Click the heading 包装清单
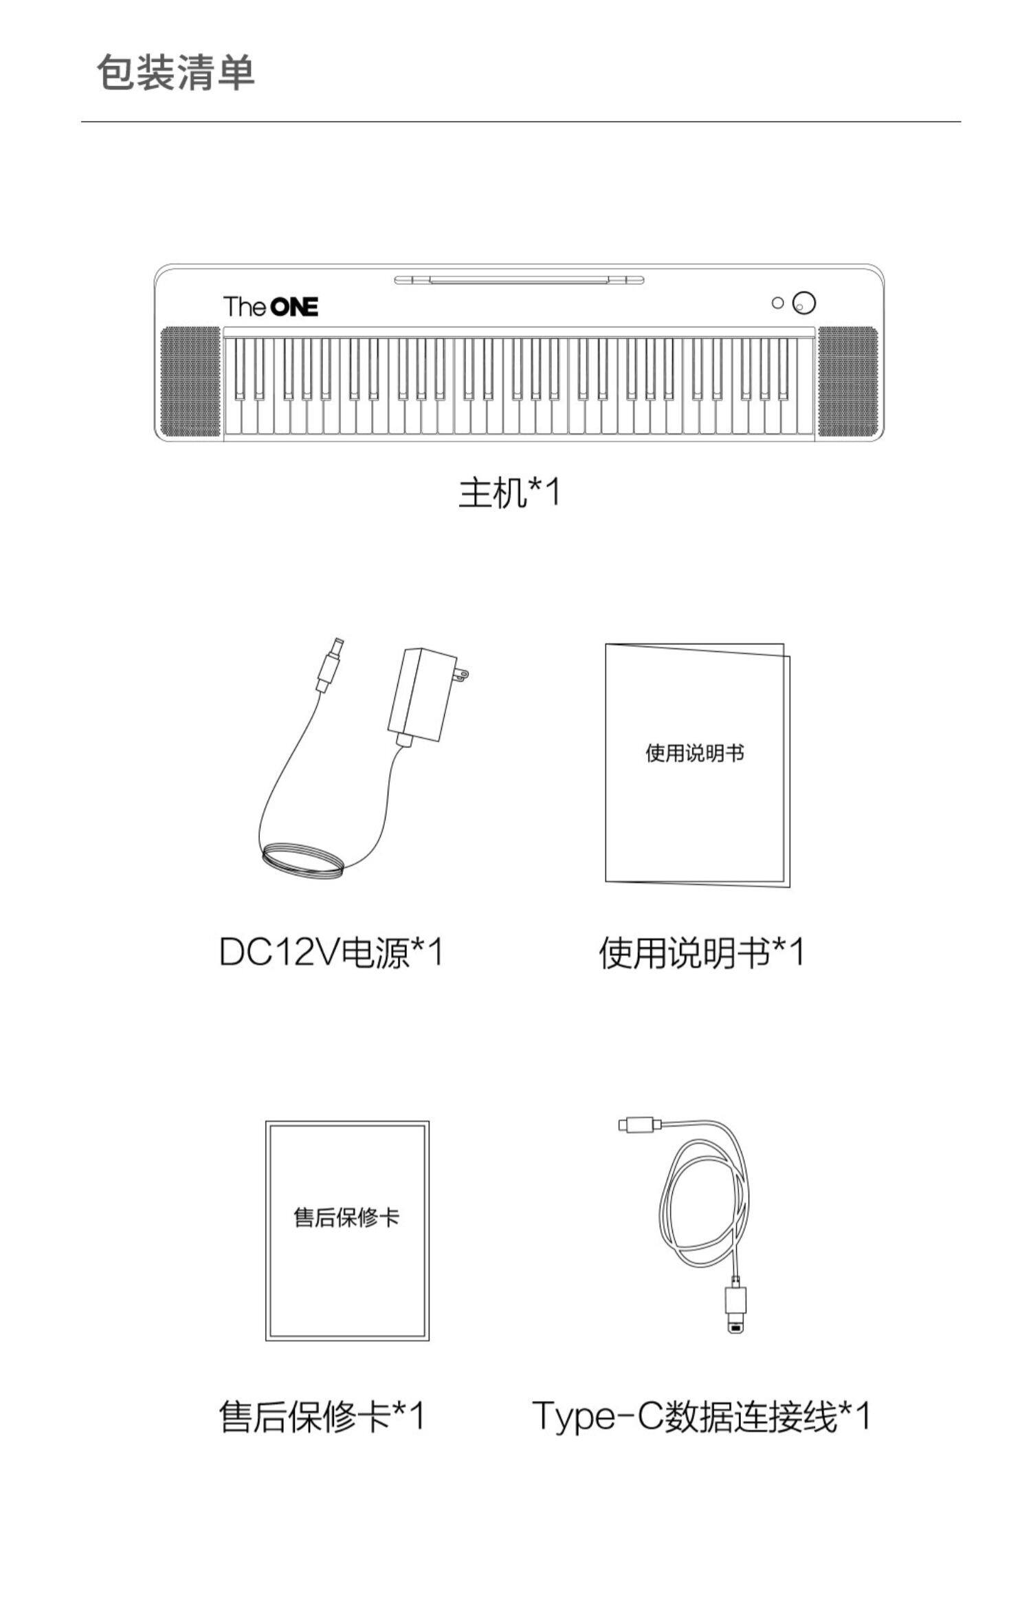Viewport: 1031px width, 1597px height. (x=176, y=73)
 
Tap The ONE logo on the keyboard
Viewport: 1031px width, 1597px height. (x=270, y=306)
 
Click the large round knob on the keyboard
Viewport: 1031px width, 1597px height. (x=803, y=303)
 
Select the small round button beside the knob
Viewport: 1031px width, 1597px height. (x=777, y=303)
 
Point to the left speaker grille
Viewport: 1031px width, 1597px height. (x=190, y=382)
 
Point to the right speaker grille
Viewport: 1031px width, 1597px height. (x=847, y=382)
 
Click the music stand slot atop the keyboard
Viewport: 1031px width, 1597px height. (x=519, y=279)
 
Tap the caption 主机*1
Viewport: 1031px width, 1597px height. (x=509, y=492)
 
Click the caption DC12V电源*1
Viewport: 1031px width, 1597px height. (x=331, y=953)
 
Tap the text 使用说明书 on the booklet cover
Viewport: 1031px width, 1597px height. (x=694, y=753)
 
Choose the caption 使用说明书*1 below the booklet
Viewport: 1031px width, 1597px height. (x=701, y=953)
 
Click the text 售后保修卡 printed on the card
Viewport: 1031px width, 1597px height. (x=346, y=1217)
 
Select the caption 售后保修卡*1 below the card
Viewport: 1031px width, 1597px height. (x=322, y=1417)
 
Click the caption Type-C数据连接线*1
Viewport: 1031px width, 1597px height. (x=701, y=1417)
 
